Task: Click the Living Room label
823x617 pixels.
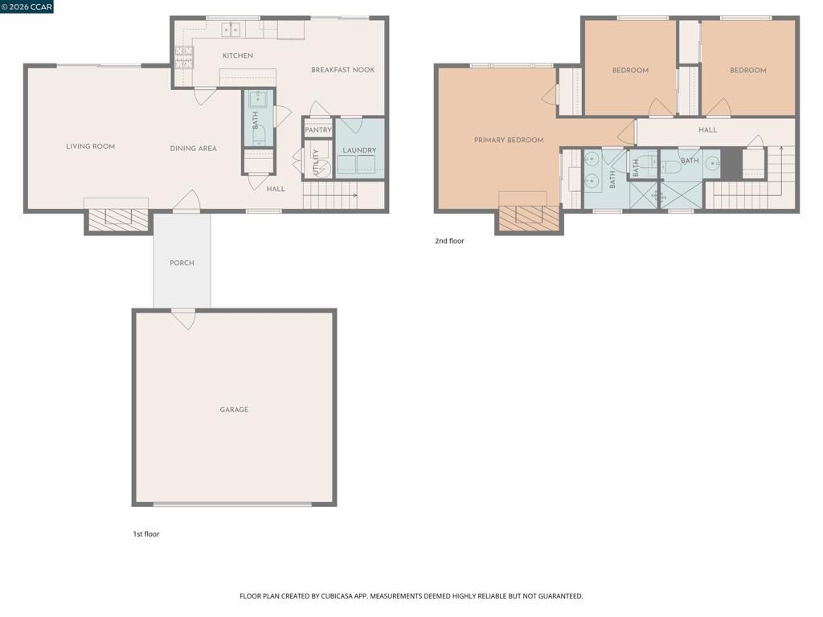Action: pyautogui.click(x=90, y=147)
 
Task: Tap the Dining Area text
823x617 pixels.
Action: pyautogui.click(x=193, y=149)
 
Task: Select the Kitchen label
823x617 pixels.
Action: pyautogui.click(x=238, y=56)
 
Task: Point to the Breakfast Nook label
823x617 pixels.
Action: pyautogui.click(x=342, y=71)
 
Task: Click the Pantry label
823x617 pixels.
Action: pyautogui.click(x=318, y=130)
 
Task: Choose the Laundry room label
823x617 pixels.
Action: pyautogui.click(x=359, y=150)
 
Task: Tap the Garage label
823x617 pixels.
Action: pyautogui.click(x=234, y=410)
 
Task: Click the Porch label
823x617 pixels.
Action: pyautogui.click(x=182, y=264)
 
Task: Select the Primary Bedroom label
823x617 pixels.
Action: pyautogui.click(x=509, y=141)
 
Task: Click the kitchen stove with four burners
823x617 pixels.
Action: pyautogui.click(x=184, y=56)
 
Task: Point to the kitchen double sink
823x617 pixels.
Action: pyautogui.click(x=231, y=30)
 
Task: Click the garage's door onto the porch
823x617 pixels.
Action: pyautogui.click(x=183, y=319)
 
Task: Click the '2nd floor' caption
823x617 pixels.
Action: pyautogui.click(x=449, y=241)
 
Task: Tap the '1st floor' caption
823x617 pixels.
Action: pyautogui.click(x=146, y=534)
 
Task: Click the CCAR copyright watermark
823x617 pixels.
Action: pyautogui.click(x=27, y=6)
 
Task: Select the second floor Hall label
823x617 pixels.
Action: pyautogui.click(x=707, y=130)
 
